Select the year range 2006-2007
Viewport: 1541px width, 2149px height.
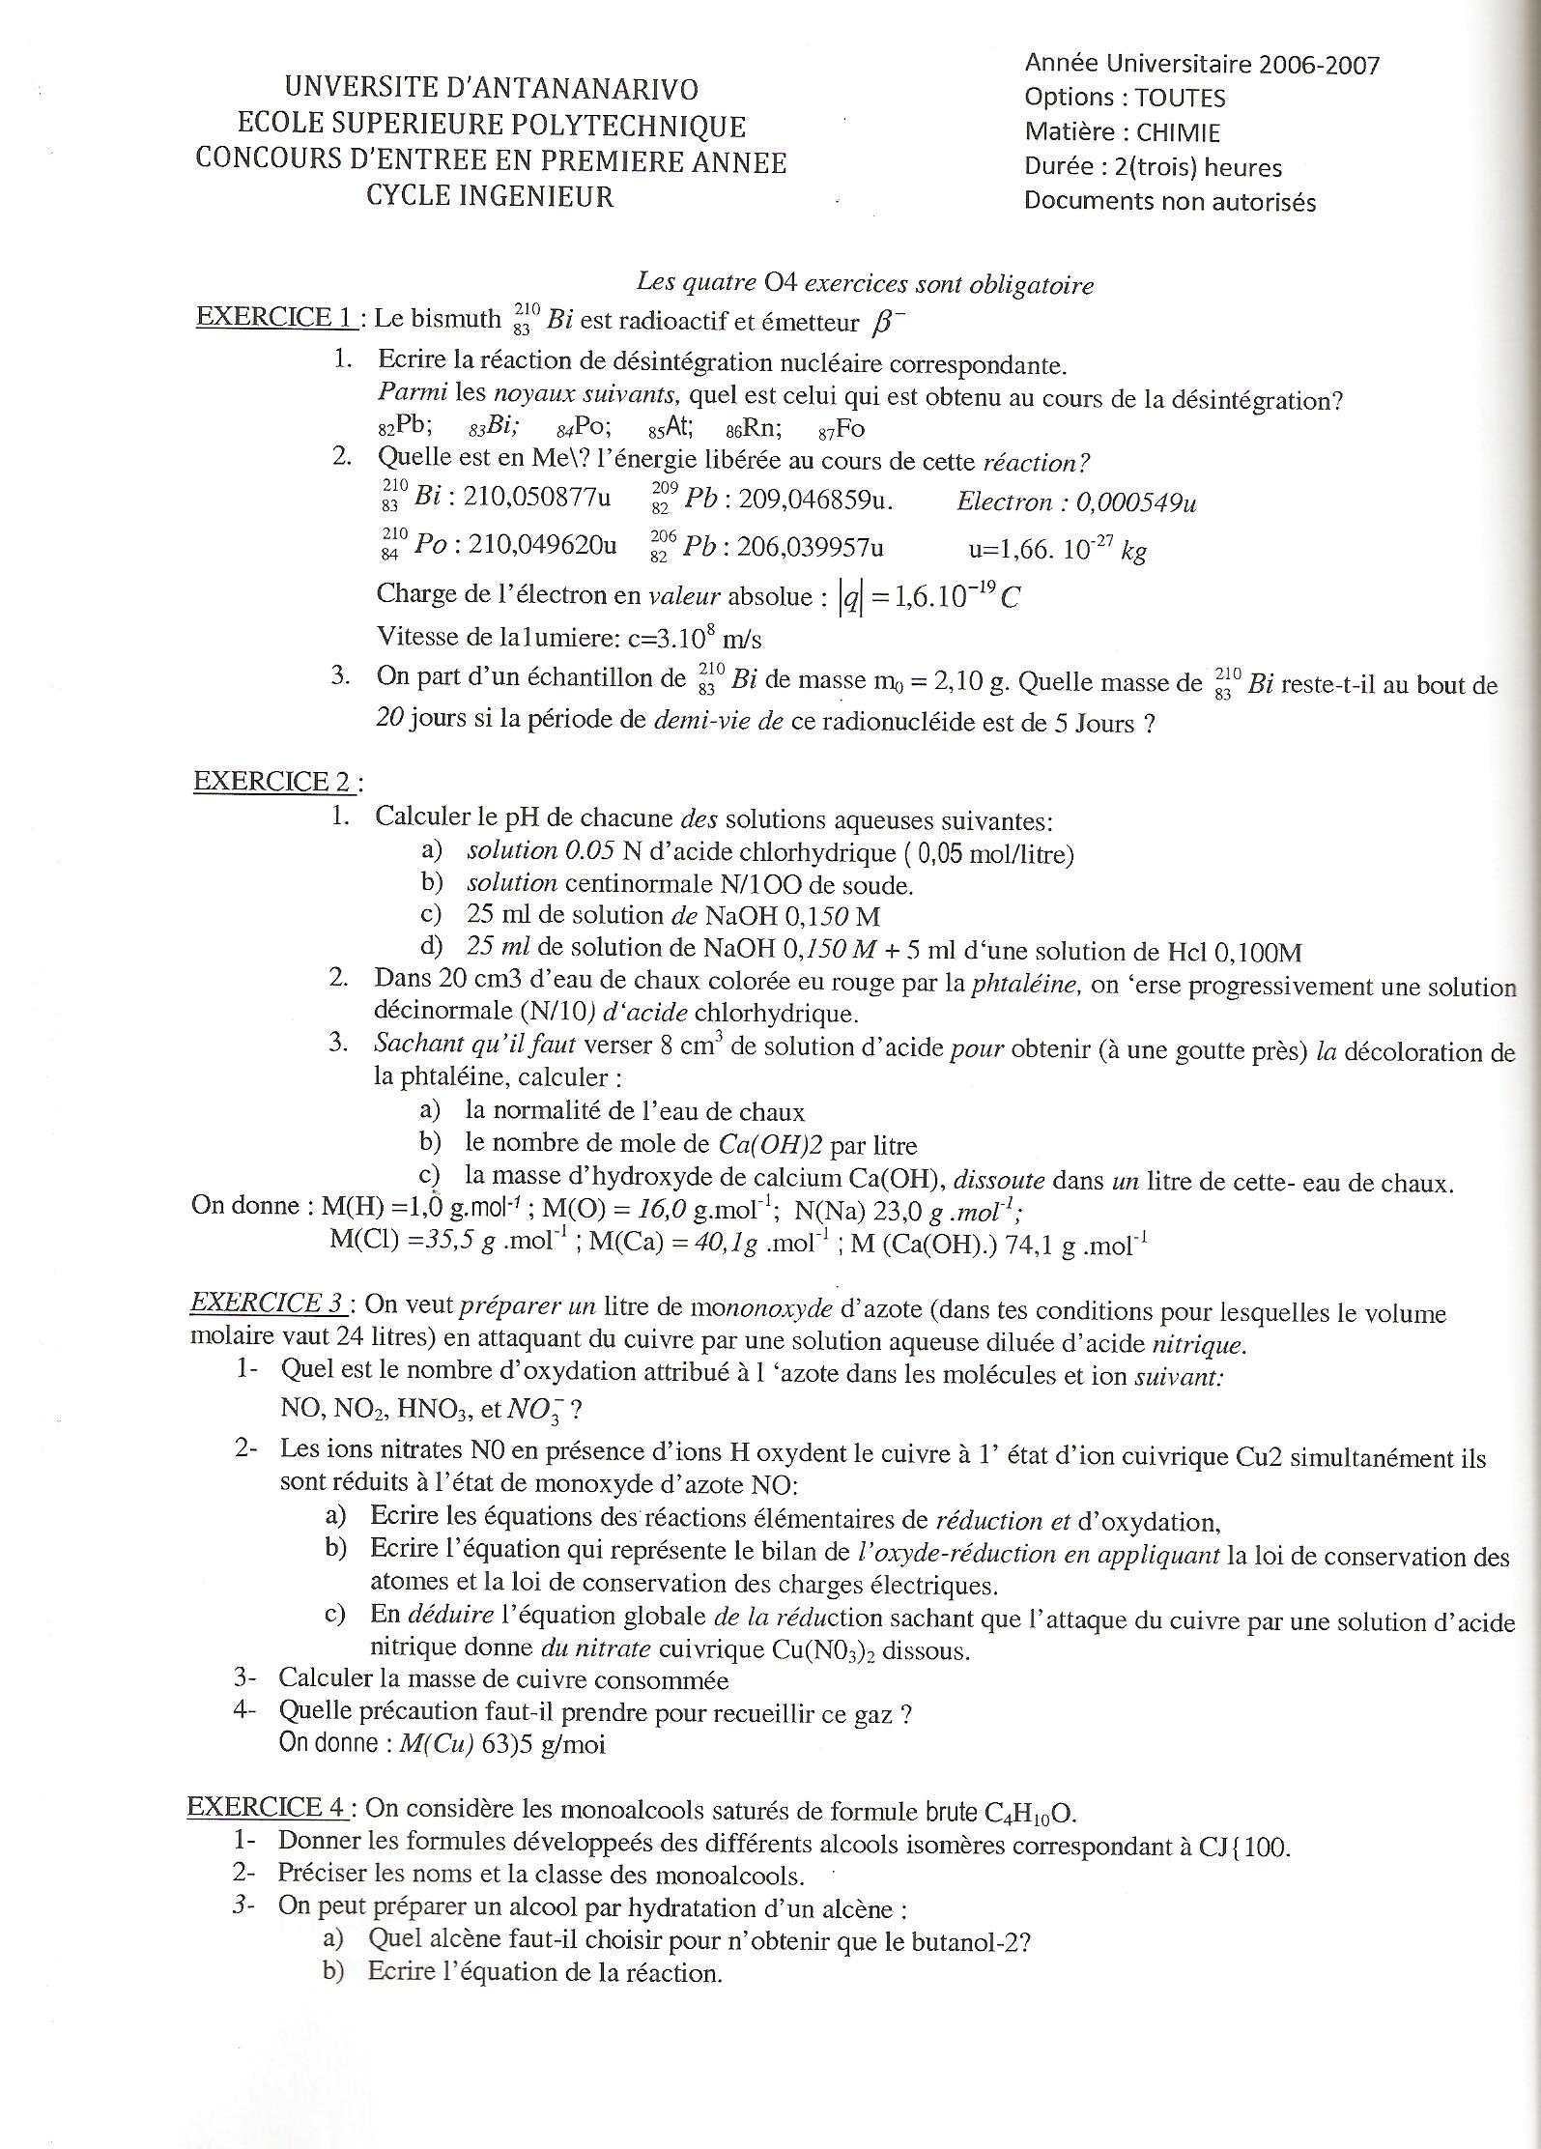click(x=1320, y=65)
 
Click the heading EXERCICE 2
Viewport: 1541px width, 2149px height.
click(x=274, y=781)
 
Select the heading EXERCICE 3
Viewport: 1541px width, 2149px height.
click(x=268, y=1303)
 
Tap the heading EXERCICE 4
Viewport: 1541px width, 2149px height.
click(x=268, y=1807)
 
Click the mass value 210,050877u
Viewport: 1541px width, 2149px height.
click(x=537, y=498)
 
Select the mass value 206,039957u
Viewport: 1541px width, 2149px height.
click(x=810, y=547)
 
